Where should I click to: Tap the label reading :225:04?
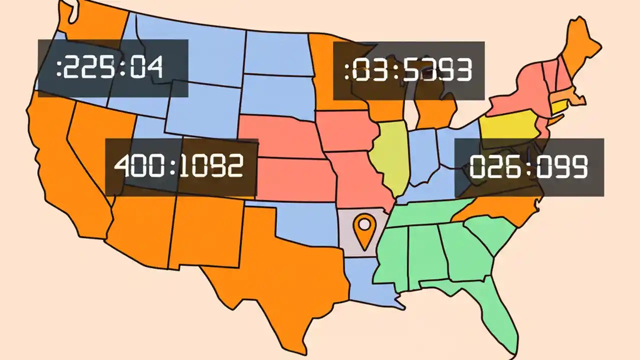pos(113,68)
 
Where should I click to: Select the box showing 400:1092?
pos(181,167)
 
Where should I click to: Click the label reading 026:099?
pos(528,167)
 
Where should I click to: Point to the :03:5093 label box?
pos(408,70)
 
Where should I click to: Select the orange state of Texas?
pos(280,280)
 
